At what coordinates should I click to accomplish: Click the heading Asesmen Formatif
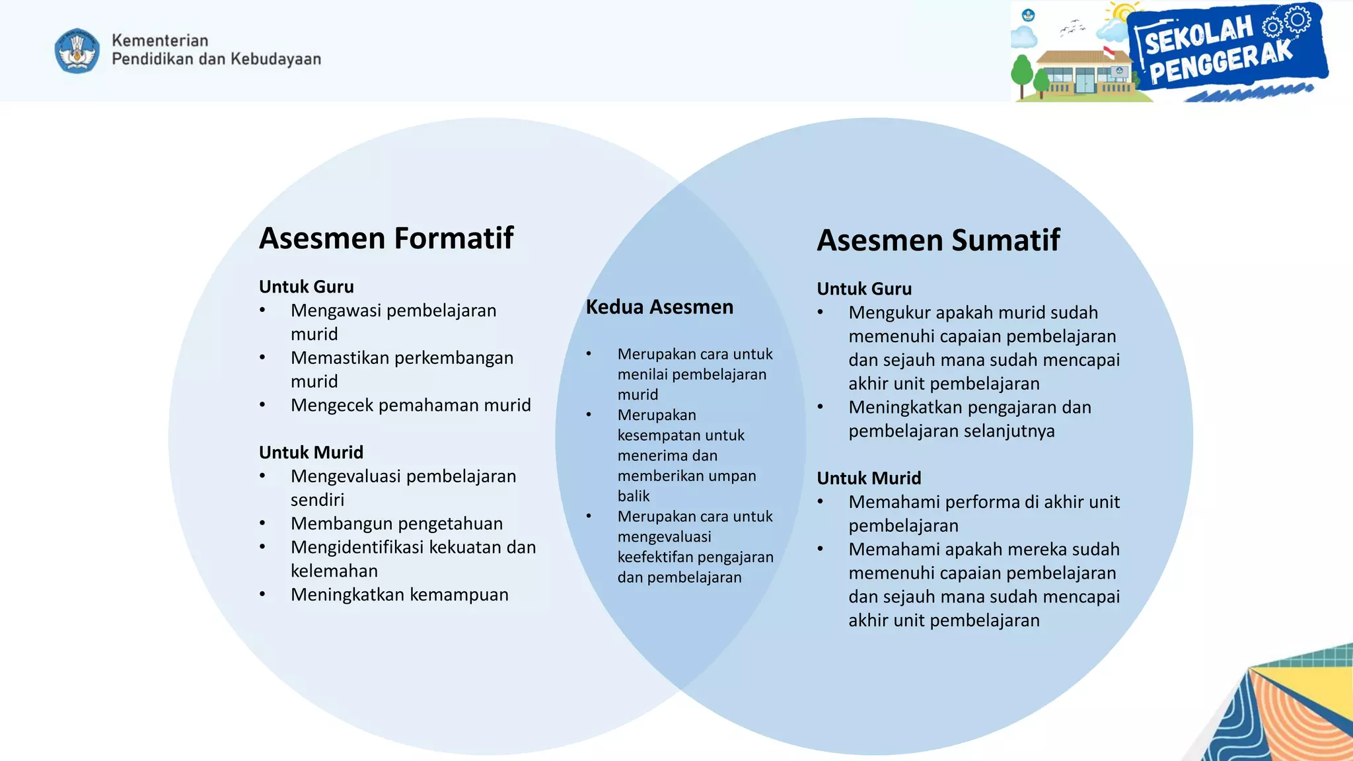(386, 238)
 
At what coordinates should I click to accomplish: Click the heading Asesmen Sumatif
(938, 240)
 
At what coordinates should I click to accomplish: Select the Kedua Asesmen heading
(659, 307)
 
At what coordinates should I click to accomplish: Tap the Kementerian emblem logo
(77, 51)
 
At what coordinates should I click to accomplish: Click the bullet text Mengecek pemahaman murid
(410, 405)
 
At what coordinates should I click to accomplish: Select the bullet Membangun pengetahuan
(396, 524)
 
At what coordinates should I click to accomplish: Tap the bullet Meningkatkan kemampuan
(399, 595)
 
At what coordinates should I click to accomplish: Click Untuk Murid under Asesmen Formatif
(311, 453)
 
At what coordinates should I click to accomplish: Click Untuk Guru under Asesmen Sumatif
(863, 289)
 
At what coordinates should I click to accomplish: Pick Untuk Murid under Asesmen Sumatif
(868, 478)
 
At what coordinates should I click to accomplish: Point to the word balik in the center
(633, 496)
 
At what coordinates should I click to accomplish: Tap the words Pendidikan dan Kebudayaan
(216, 59)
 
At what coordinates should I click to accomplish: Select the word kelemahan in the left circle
(334, 571)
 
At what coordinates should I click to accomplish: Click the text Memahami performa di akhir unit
(984, 502)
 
